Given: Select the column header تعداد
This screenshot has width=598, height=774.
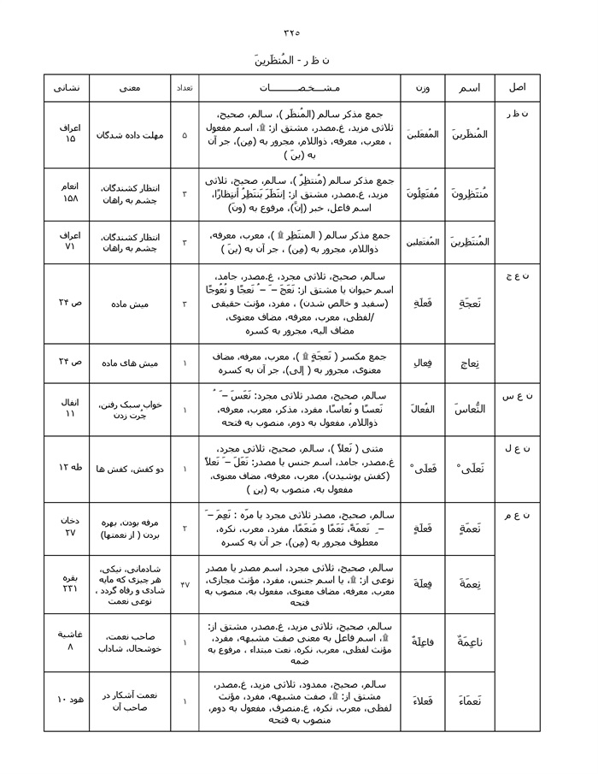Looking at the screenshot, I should [x=185, y=88].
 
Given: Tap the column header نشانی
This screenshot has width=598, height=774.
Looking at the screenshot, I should [x=67, y=88].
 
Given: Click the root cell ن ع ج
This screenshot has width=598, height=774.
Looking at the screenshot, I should [x=522, y=275].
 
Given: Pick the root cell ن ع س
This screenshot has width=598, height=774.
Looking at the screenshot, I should [x=522, y=394].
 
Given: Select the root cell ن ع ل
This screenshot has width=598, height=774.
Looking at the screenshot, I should [x=522, y=448].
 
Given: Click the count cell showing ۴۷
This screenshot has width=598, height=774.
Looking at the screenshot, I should [x=185, y=584].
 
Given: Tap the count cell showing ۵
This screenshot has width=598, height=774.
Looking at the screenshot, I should [x=185, y=135].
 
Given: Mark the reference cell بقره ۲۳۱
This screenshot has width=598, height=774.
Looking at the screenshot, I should [x=67, y=583].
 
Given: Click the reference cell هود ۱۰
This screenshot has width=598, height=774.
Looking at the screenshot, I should [x=67, y=700].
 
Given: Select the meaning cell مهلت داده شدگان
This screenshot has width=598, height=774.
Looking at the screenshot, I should [x=130, y=135].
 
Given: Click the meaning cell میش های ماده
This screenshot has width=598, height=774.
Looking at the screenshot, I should [x=130, y=363].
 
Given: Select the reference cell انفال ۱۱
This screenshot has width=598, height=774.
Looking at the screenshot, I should [x=67, y=409].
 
